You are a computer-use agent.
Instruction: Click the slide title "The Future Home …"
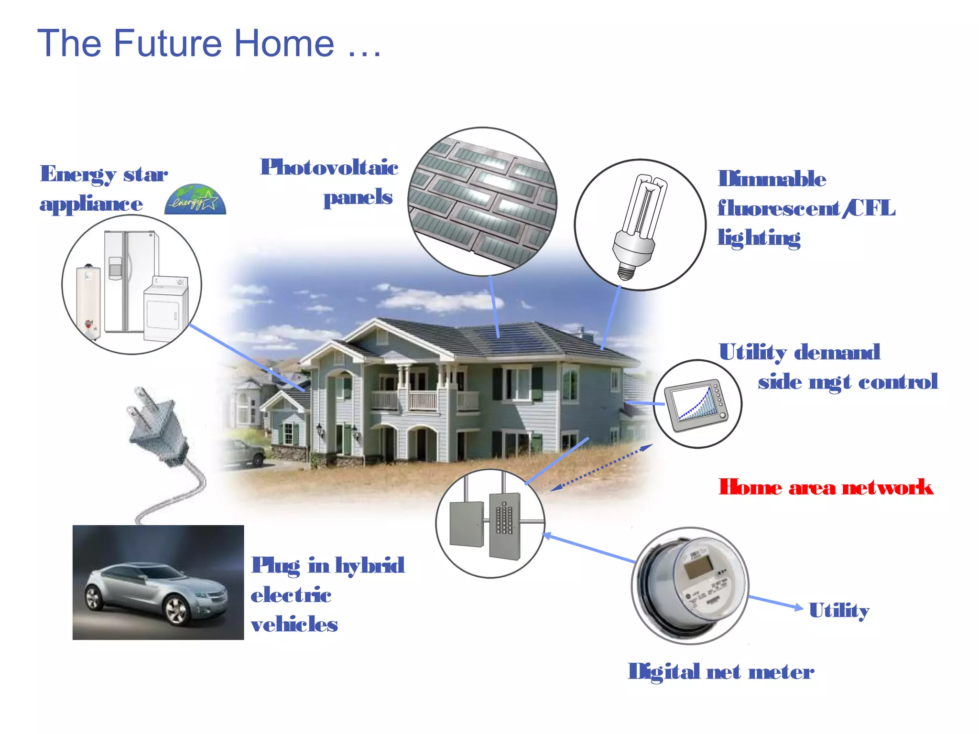point(209,43)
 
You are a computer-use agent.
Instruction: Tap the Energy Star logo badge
point(195,200)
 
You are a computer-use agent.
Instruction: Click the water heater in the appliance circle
point(88,301)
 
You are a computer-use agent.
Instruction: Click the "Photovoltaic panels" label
point(330,182)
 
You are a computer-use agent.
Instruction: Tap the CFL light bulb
point(639,225)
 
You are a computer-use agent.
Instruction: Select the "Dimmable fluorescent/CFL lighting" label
point(806,208)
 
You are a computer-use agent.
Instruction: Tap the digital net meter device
point(691,586)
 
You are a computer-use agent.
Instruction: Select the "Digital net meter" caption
point(720,671)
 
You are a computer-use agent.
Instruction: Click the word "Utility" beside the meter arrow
point(839,611)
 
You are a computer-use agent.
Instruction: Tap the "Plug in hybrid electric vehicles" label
point(327,594)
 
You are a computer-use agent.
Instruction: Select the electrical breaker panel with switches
point(505,525)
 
